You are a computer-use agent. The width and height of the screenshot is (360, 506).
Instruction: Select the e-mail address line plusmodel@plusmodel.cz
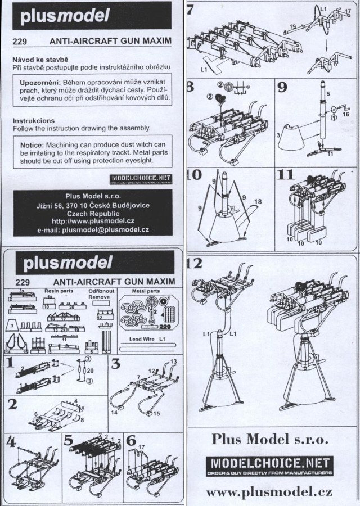[x=92, y=230]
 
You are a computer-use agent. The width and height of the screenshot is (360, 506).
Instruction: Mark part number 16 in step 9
[x=346, y=114]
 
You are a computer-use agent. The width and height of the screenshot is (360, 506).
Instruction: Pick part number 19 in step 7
[x=292, y=26]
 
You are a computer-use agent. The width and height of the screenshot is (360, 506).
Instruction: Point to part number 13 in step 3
[x=173, y=360]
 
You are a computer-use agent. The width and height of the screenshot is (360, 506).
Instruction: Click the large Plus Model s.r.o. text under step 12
[x=271, y=437]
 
